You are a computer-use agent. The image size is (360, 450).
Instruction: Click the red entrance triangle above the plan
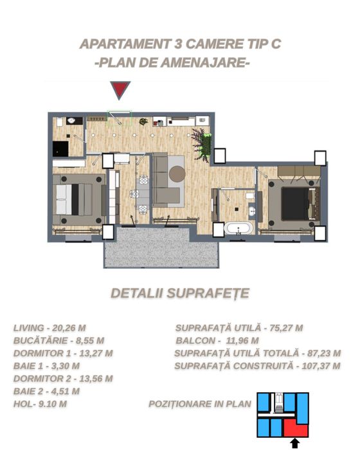coord(120,90)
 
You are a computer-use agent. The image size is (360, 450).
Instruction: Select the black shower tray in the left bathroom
coord(61,148)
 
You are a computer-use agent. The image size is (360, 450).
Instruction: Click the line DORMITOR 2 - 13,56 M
coord(63,378)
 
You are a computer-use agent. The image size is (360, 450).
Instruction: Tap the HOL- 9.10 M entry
coord(40,404)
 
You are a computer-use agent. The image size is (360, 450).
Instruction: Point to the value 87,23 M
coord(322,353)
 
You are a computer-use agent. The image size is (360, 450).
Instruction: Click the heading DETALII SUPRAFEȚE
coord(180,293)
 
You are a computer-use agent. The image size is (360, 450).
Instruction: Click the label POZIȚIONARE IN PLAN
coord(200,404)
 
